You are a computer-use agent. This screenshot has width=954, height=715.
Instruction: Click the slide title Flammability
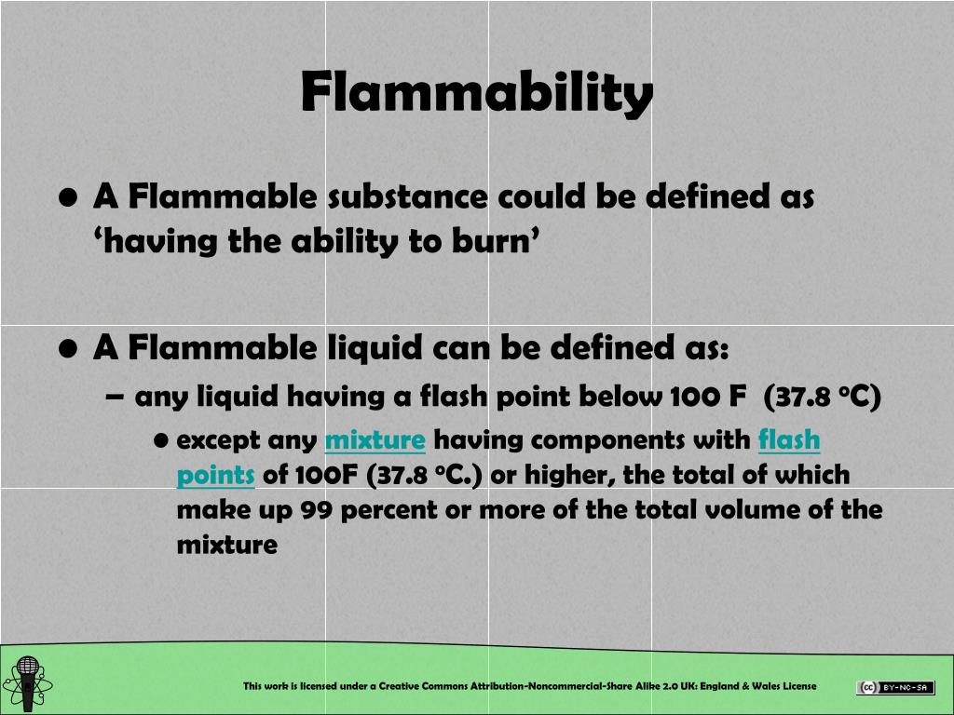[x=476, y=92]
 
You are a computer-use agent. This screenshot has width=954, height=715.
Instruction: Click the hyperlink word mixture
[x=375, y=439]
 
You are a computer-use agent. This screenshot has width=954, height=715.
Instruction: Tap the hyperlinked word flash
[x=789, y=439]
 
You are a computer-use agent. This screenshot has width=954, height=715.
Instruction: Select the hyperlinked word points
[x=215, y=475]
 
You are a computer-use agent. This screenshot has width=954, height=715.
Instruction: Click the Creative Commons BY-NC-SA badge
[x=895, y=688]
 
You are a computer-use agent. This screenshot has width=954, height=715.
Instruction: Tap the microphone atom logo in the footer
[x=28, y=683]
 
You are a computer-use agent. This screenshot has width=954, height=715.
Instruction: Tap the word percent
[x=378, y=510]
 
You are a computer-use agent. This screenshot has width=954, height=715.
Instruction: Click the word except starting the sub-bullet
[x=218, y=439]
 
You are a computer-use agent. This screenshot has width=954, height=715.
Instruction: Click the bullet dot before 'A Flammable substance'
[x=67, y=198]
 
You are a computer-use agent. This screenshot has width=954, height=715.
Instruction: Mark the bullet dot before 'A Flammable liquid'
[x=67, y=349]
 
